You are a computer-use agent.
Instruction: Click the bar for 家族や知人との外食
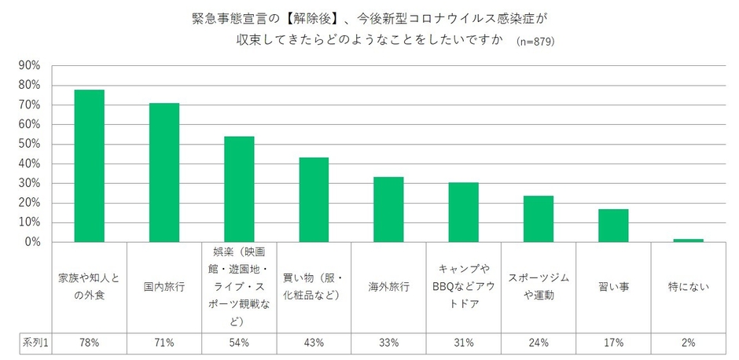(89, 166)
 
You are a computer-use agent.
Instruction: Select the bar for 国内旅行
(164, 173)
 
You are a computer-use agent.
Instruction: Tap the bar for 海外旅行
(388, 210)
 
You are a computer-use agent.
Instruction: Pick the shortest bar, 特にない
(688, 241)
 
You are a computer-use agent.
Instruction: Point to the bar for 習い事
(613, 226)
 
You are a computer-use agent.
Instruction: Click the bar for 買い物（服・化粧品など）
(314, 200)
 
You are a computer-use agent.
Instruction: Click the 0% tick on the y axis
(32, 242)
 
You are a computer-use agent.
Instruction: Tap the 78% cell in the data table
(89, 342)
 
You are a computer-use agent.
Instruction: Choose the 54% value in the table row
(239, 342)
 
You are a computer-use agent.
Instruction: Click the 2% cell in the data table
(688, 342)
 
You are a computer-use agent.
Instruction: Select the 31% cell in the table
(463, 342)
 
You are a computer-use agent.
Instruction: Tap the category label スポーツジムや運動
(539, 287)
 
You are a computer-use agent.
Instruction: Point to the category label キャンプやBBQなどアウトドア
(463, 287)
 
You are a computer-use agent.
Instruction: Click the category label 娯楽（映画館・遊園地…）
(239, 287)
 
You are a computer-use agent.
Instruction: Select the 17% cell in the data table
(613, 342)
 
